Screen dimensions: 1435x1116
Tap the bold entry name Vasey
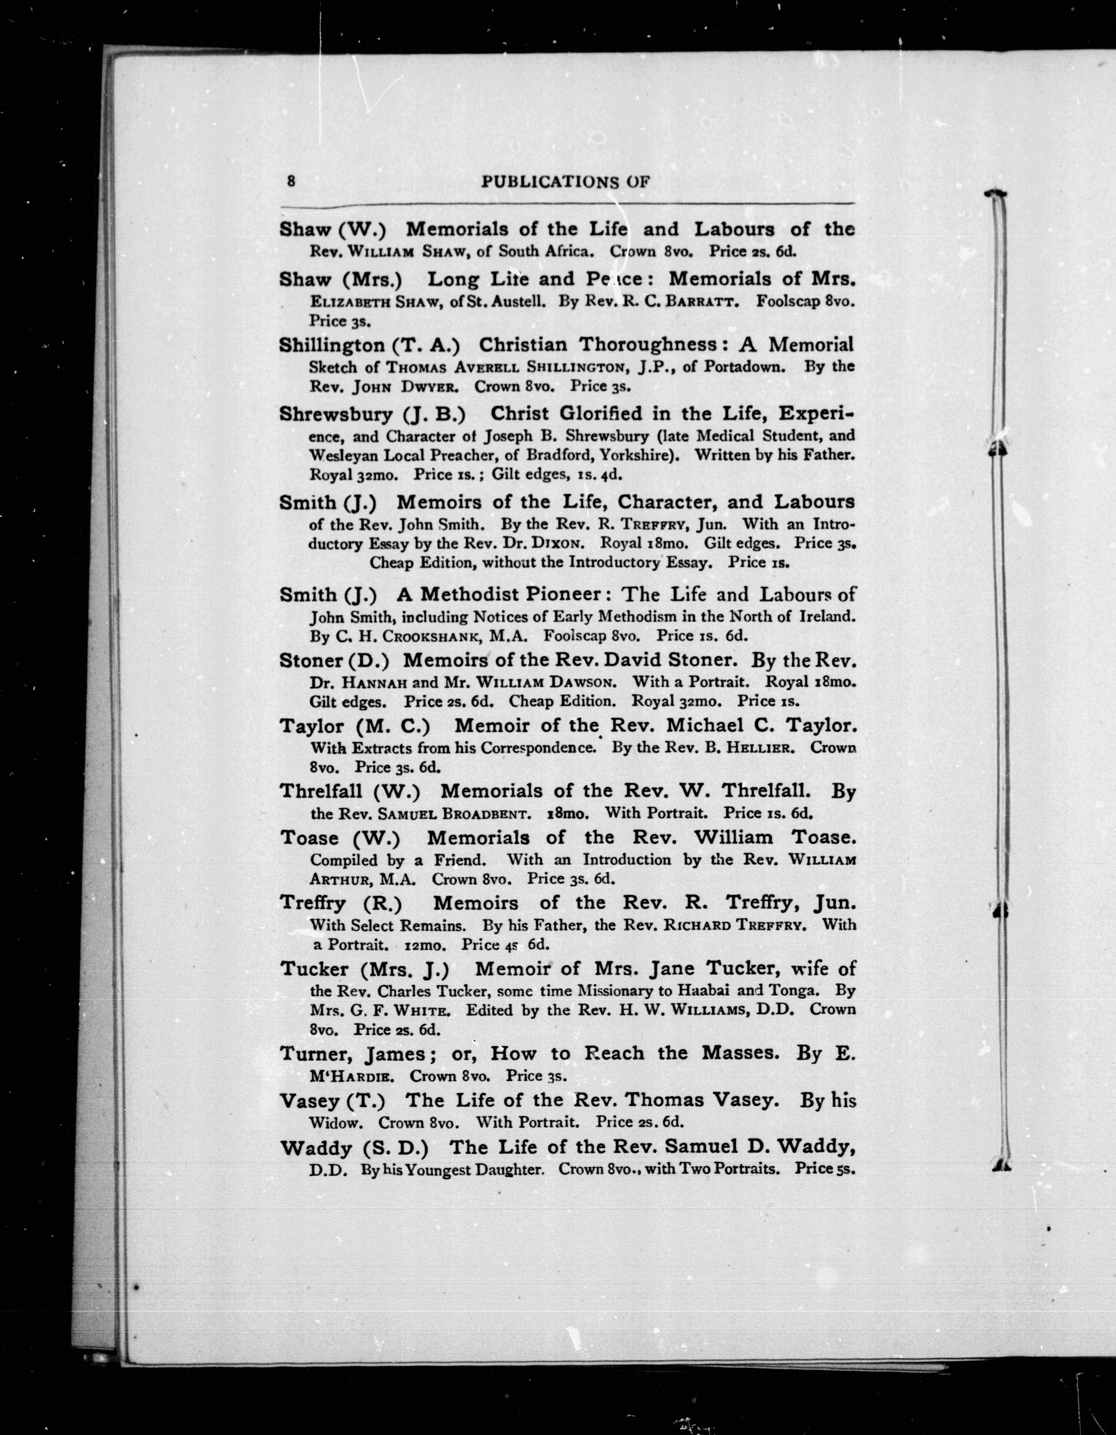[308, 1100]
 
